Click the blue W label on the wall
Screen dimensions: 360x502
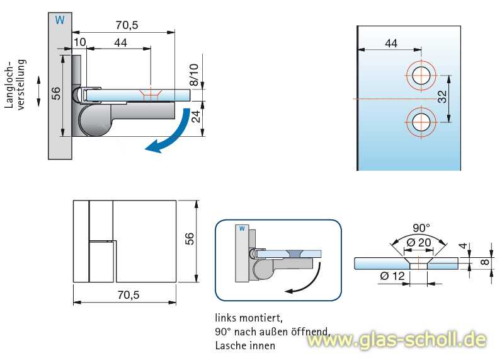[60, 20]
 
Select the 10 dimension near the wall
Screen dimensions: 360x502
[79, 42]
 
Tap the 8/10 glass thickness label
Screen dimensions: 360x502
[193, 74]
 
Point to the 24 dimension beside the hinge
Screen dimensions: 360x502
[196, 117]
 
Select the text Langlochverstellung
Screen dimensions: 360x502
[15, 84]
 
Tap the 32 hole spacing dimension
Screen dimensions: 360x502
[442, 96]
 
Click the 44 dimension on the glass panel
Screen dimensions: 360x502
[391, 43]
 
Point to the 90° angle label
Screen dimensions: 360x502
[421, 228]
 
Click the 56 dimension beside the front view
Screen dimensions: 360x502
[190, 238]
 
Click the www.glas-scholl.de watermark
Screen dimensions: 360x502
[397, 340]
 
